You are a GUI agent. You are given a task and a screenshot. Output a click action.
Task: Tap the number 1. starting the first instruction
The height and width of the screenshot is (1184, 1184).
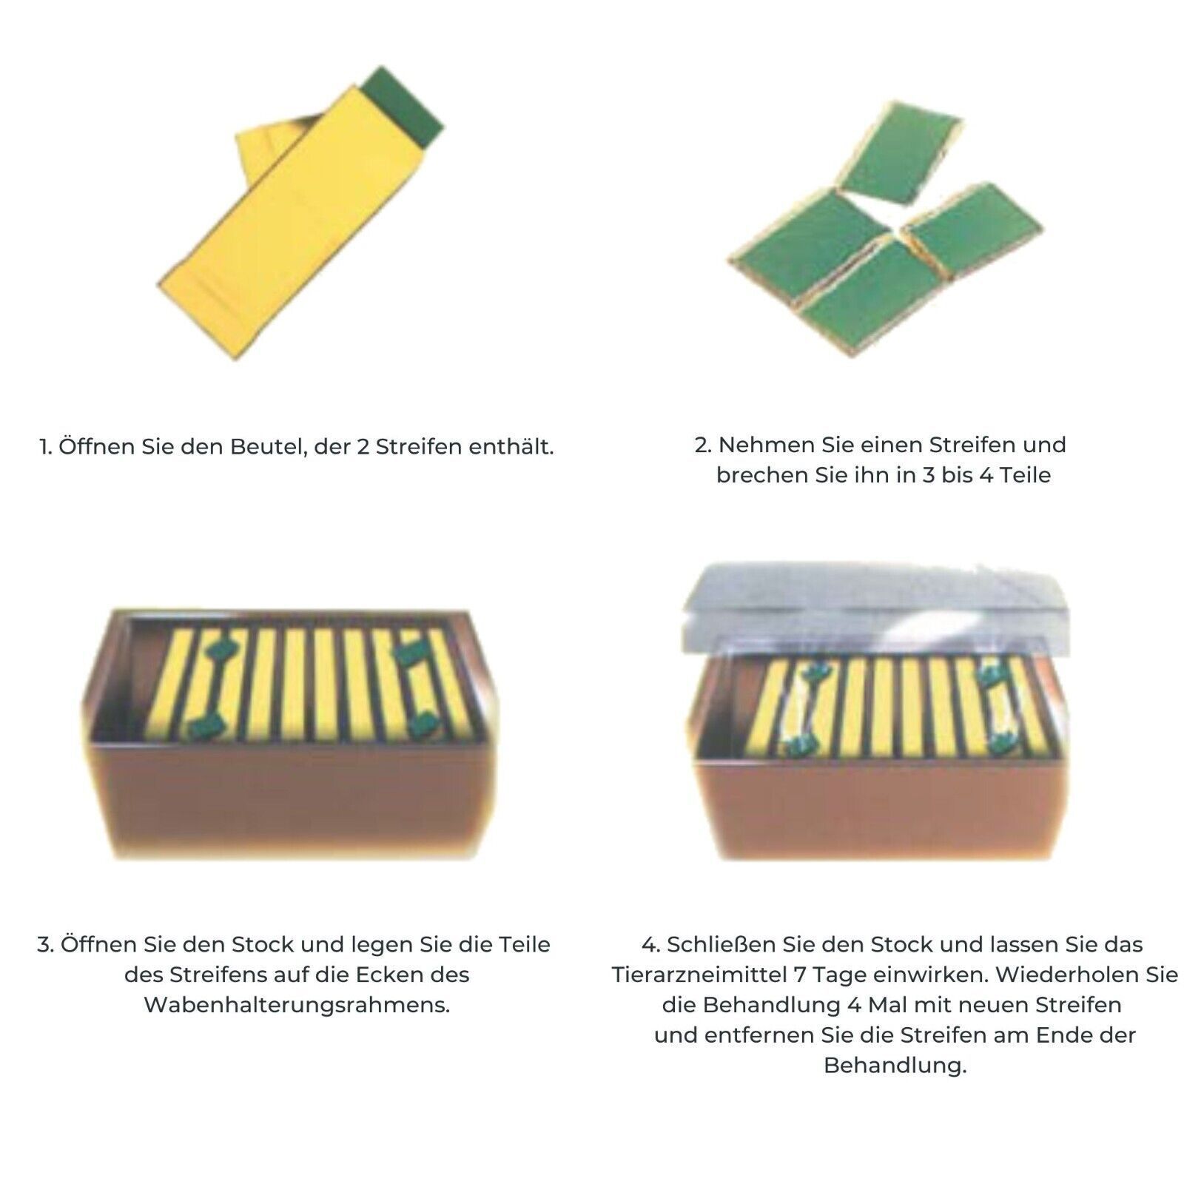(x=46, y=447)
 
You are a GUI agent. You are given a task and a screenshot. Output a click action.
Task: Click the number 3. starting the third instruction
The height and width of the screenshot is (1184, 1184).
(x=46, y=945)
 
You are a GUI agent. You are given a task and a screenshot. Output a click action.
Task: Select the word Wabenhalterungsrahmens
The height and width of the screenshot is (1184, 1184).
(x=297, y=1006)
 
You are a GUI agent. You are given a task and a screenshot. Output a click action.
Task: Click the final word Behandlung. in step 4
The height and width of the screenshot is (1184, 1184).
(x=895, y=1066)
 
